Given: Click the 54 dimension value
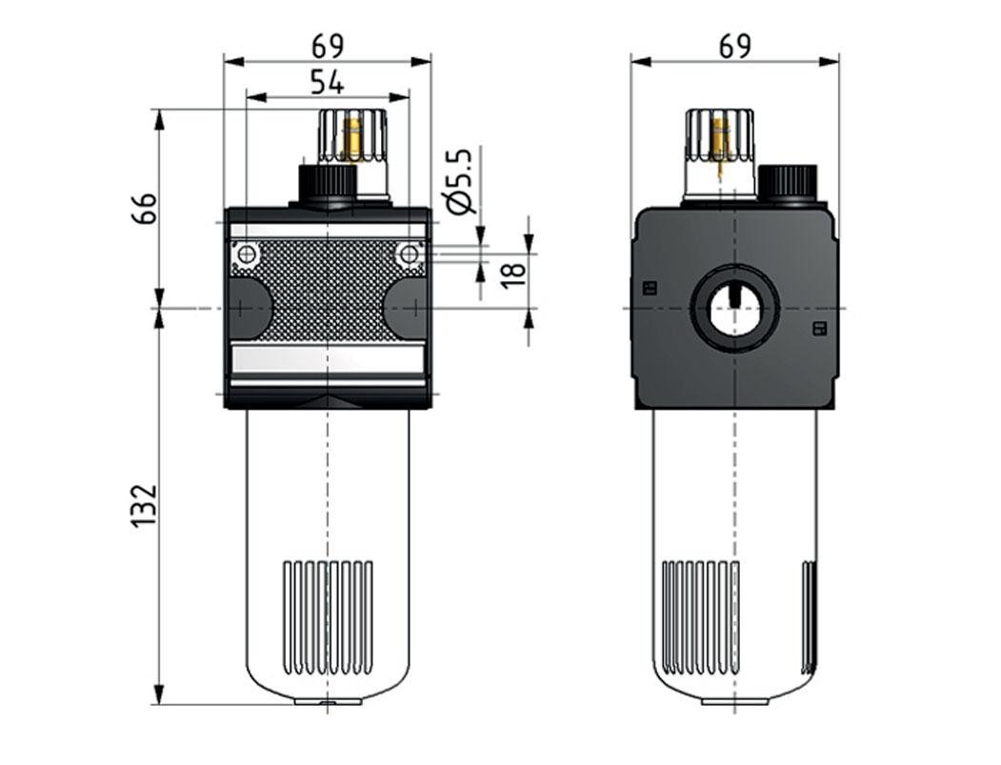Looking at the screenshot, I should pos(327,83).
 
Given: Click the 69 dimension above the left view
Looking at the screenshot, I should pos(327,46).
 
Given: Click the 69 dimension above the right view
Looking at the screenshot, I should pos(734,46).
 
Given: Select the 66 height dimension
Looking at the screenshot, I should pos(144,208).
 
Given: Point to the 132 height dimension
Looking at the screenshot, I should pos(144,506).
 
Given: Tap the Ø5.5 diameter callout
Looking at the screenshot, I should pos(459,181).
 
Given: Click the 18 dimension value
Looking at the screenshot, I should pos(513,271).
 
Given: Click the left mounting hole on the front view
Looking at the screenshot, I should pos(247,254).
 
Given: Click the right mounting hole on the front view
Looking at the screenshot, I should pos(409,254).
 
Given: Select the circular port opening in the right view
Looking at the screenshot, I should pos(734,309).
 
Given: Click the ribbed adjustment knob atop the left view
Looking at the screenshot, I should pos(353,135).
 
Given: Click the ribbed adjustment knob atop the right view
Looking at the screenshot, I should pos(720,135).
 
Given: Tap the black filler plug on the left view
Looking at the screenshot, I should pos(327,183).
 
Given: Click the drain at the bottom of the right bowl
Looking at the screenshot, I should pos(734,701).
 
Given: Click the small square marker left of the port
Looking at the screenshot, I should pos(651,288).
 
